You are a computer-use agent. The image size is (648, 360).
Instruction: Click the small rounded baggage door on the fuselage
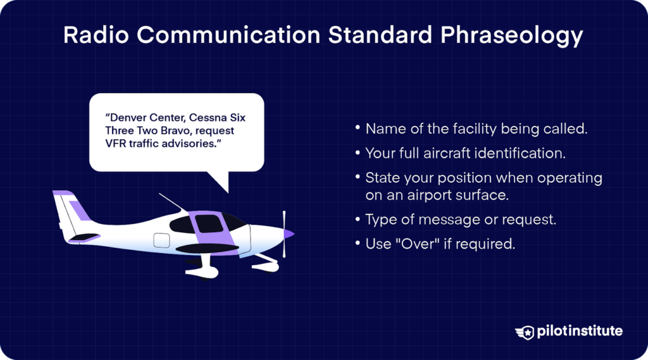tap(162, 240)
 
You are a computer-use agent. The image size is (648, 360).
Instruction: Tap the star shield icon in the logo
tap(525, 332)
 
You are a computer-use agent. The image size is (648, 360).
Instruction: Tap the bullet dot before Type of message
tap(358, 220)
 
